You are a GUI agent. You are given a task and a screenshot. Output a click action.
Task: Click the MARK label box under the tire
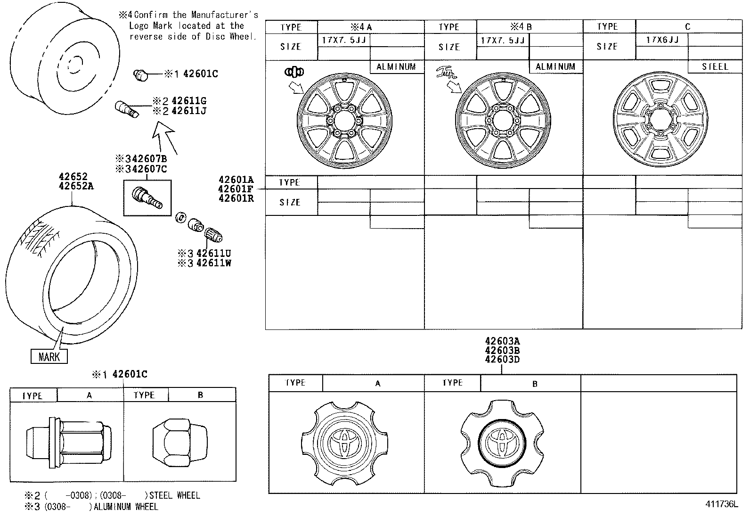(x=49, y=356)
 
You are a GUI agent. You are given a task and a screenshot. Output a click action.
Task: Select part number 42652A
(x=76, y=186)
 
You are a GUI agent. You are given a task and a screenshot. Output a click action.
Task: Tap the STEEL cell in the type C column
(x=715, y=67)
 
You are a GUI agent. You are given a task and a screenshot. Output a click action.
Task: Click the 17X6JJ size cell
(x=662, y=40)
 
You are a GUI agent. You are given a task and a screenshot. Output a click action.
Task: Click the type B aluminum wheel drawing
(x=503, y=122)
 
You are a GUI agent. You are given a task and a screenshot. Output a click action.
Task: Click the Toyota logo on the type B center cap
(x=502, y=442)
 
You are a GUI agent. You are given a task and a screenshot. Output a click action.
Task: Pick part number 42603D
(x=502, y=360)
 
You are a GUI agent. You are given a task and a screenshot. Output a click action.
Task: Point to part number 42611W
(x=213, y=263)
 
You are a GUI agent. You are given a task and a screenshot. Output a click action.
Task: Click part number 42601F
(x=236, y=189)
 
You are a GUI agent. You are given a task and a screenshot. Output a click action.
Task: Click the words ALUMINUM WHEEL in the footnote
(x=126, y=507)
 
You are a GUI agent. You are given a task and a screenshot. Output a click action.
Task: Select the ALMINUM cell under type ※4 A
(x=396, y=67)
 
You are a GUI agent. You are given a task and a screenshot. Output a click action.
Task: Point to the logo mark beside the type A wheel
(x=294, y=72)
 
